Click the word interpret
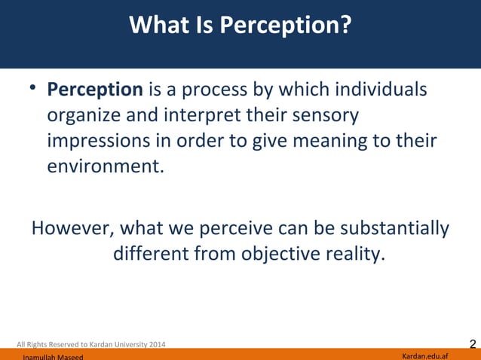pos(204,117)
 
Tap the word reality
pos(356,254)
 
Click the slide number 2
pos(472,345)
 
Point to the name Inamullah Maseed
pos(54,355)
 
